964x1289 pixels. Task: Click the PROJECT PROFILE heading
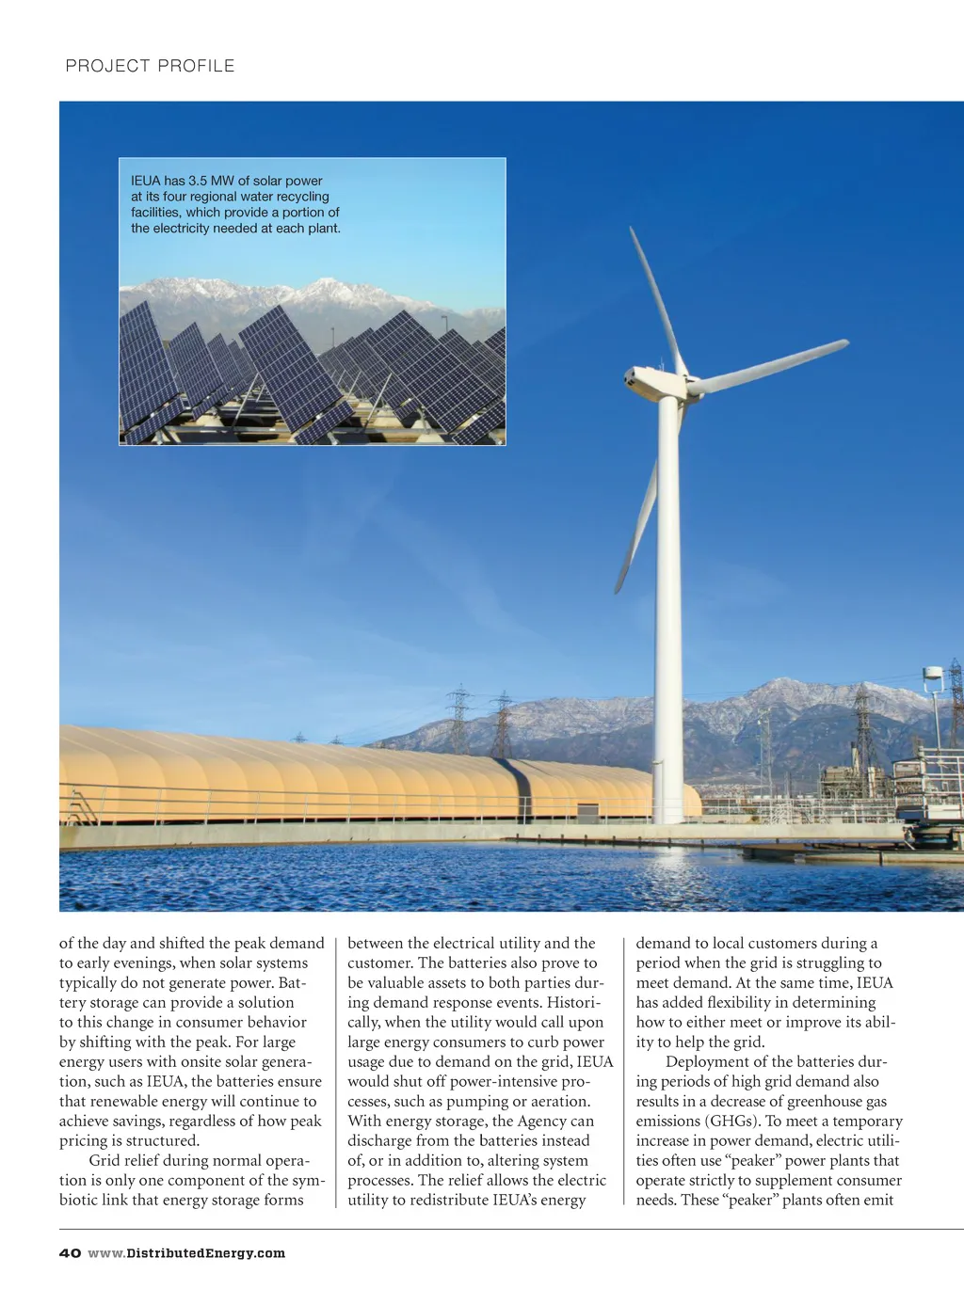150,66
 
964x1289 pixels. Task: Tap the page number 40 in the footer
70,1253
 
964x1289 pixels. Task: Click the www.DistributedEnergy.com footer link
186,1253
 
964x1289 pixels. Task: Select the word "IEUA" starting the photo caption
145,181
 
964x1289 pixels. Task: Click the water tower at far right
933,679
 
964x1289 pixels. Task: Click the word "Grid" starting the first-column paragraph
104,1161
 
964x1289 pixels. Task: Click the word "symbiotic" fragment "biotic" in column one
81,1201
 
